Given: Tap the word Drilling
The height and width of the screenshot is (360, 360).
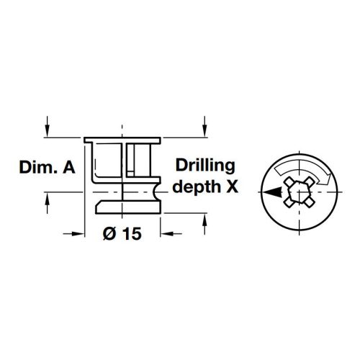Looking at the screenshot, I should [x=205, y=166].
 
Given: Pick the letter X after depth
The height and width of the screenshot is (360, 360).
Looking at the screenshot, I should [x=231, y=187].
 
